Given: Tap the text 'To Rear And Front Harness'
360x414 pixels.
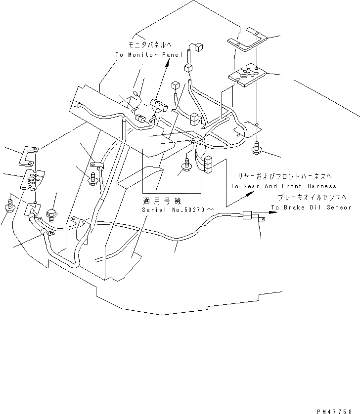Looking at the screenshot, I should (x=283, y=186).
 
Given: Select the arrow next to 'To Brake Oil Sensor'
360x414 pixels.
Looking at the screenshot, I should (x=270, y=213).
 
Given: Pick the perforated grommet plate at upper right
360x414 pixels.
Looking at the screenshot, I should (x=246, y=74).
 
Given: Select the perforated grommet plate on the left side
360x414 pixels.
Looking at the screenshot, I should (x=32, y=180).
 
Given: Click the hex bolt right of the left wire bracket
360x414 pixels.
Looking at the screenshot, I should (x=51, y=214).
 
